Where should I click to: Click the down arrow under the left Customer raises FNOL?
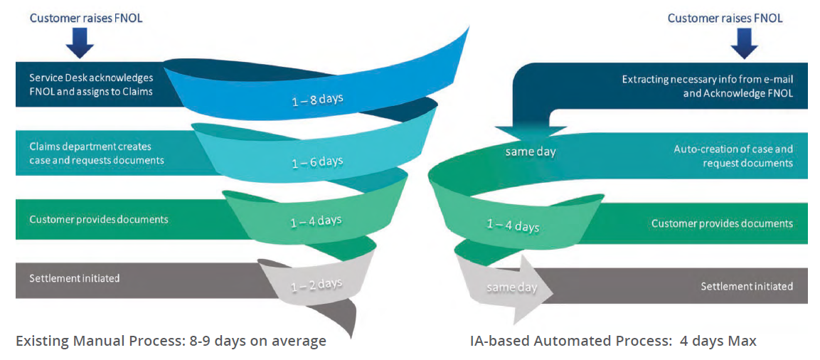[x=80, y=42]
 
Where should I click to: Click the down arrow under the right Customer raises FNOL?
[x=744, y=42]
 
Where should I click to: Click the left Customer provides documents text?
[x=99, y=219]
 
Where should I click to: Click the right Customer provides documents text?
[x=722, y=223]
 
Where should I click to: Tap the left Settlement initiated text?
[x=75, y=278]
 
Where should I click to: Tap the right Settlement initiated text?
[x=747, y=286]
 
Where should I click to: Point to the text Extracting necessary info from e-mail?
[x=708, y=80]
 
